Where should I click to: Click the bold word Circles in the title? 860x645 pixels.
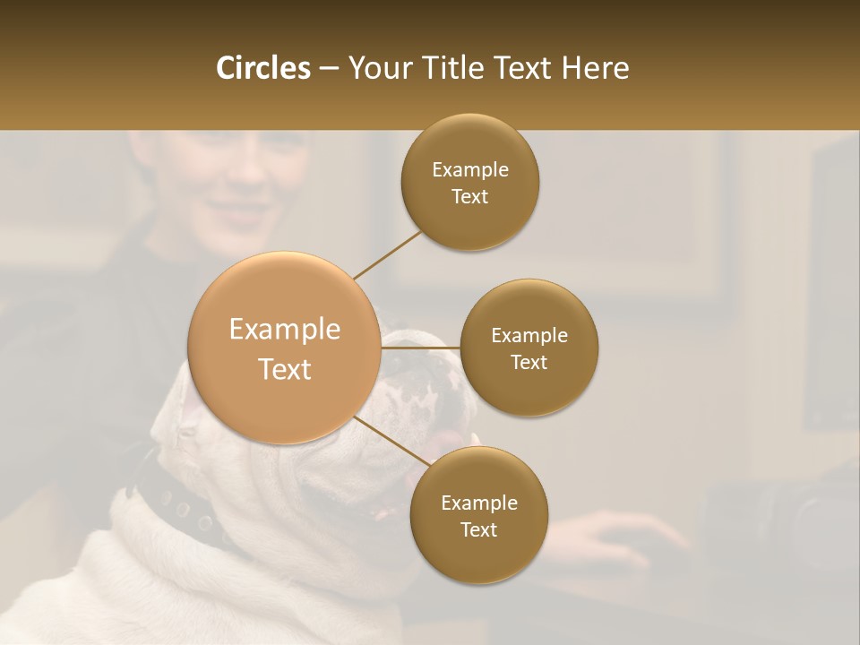coord(263,68)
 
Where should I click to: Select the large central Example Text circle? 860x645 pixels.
coord(285,348)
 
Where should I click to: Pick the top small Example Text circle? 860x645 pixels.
coord(470,182)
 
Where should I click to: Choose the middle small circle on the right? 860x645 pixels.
coord(529,348)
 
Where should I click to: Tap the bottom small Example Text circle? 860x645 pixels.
coord(478,515)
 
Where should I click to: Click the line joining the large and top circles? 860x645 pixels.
coord(387,254)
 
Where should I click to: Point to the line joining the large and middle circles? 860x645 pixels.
coord(421,348)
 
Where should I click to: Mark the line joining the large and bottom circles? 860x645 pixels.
coord(391,442)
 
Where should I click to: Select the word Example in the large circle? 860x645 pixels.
coord(285,330)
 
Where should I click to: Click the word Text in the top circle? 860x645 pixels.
coord(470,196)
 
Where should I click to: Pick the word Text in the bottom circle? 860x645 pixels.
coord(478,529)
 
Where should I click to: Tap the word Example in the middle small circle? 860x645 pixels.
coord(529,335)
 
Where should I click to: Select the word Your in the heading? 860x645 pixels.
coord(374,68)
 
